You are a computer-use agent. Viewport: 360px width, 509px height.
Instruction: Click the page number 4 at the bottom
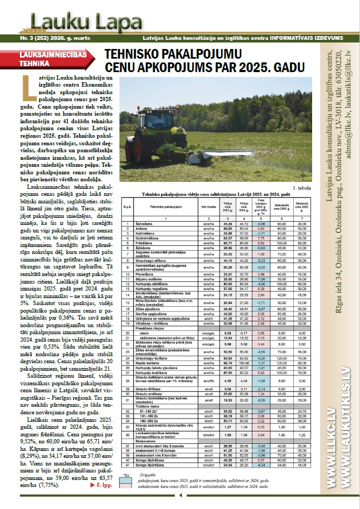[180, 495]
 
